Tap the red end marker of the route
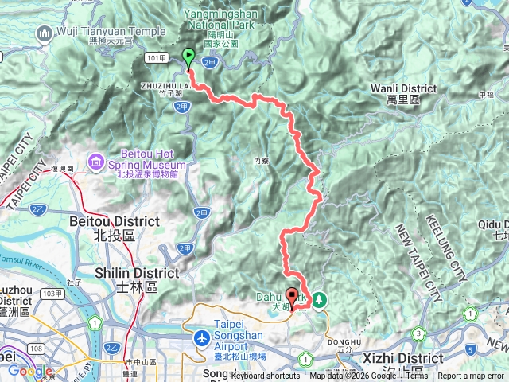point(291,298)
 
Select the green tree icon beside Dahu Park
point(319,300)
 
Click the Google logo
point(30,371)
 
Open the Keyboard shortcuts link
point(266,376)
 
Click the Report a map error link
point(471,376)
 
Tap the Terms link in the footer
point(417,376)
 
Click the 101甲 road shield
point(157,58)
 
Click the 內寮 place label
point(262,161)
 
